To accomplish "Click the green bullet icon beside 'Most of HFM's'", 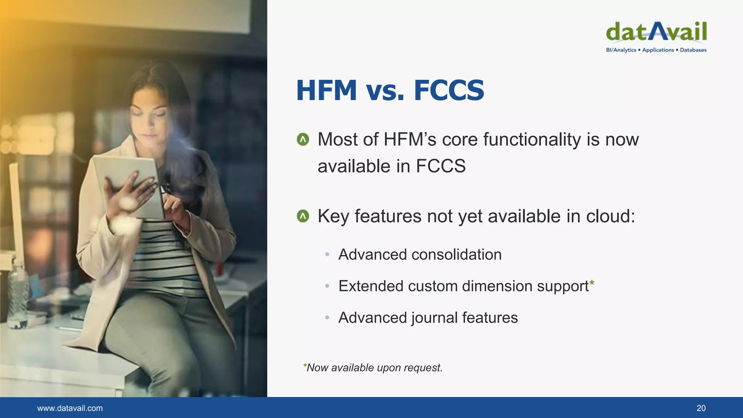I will coord(303,139).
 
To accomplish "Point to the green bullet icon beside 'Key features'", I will coord(303,216).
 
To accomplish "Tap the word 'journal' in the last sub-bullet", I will coord(434,318).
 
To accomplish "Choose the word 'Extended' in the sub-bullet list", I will coord(370,286).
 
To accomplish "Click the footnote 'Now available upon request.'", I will coord(374,368).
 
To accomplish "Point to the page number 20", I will coord(701,408).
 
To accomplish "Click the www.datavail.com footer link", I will coord(70,408).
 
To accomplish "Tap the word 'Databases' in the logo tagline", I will coord(693,50).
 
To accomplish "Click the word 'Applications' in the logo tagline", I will coord(658,50).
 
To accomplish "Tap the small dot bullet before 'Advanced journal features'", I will coord(327,318).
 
